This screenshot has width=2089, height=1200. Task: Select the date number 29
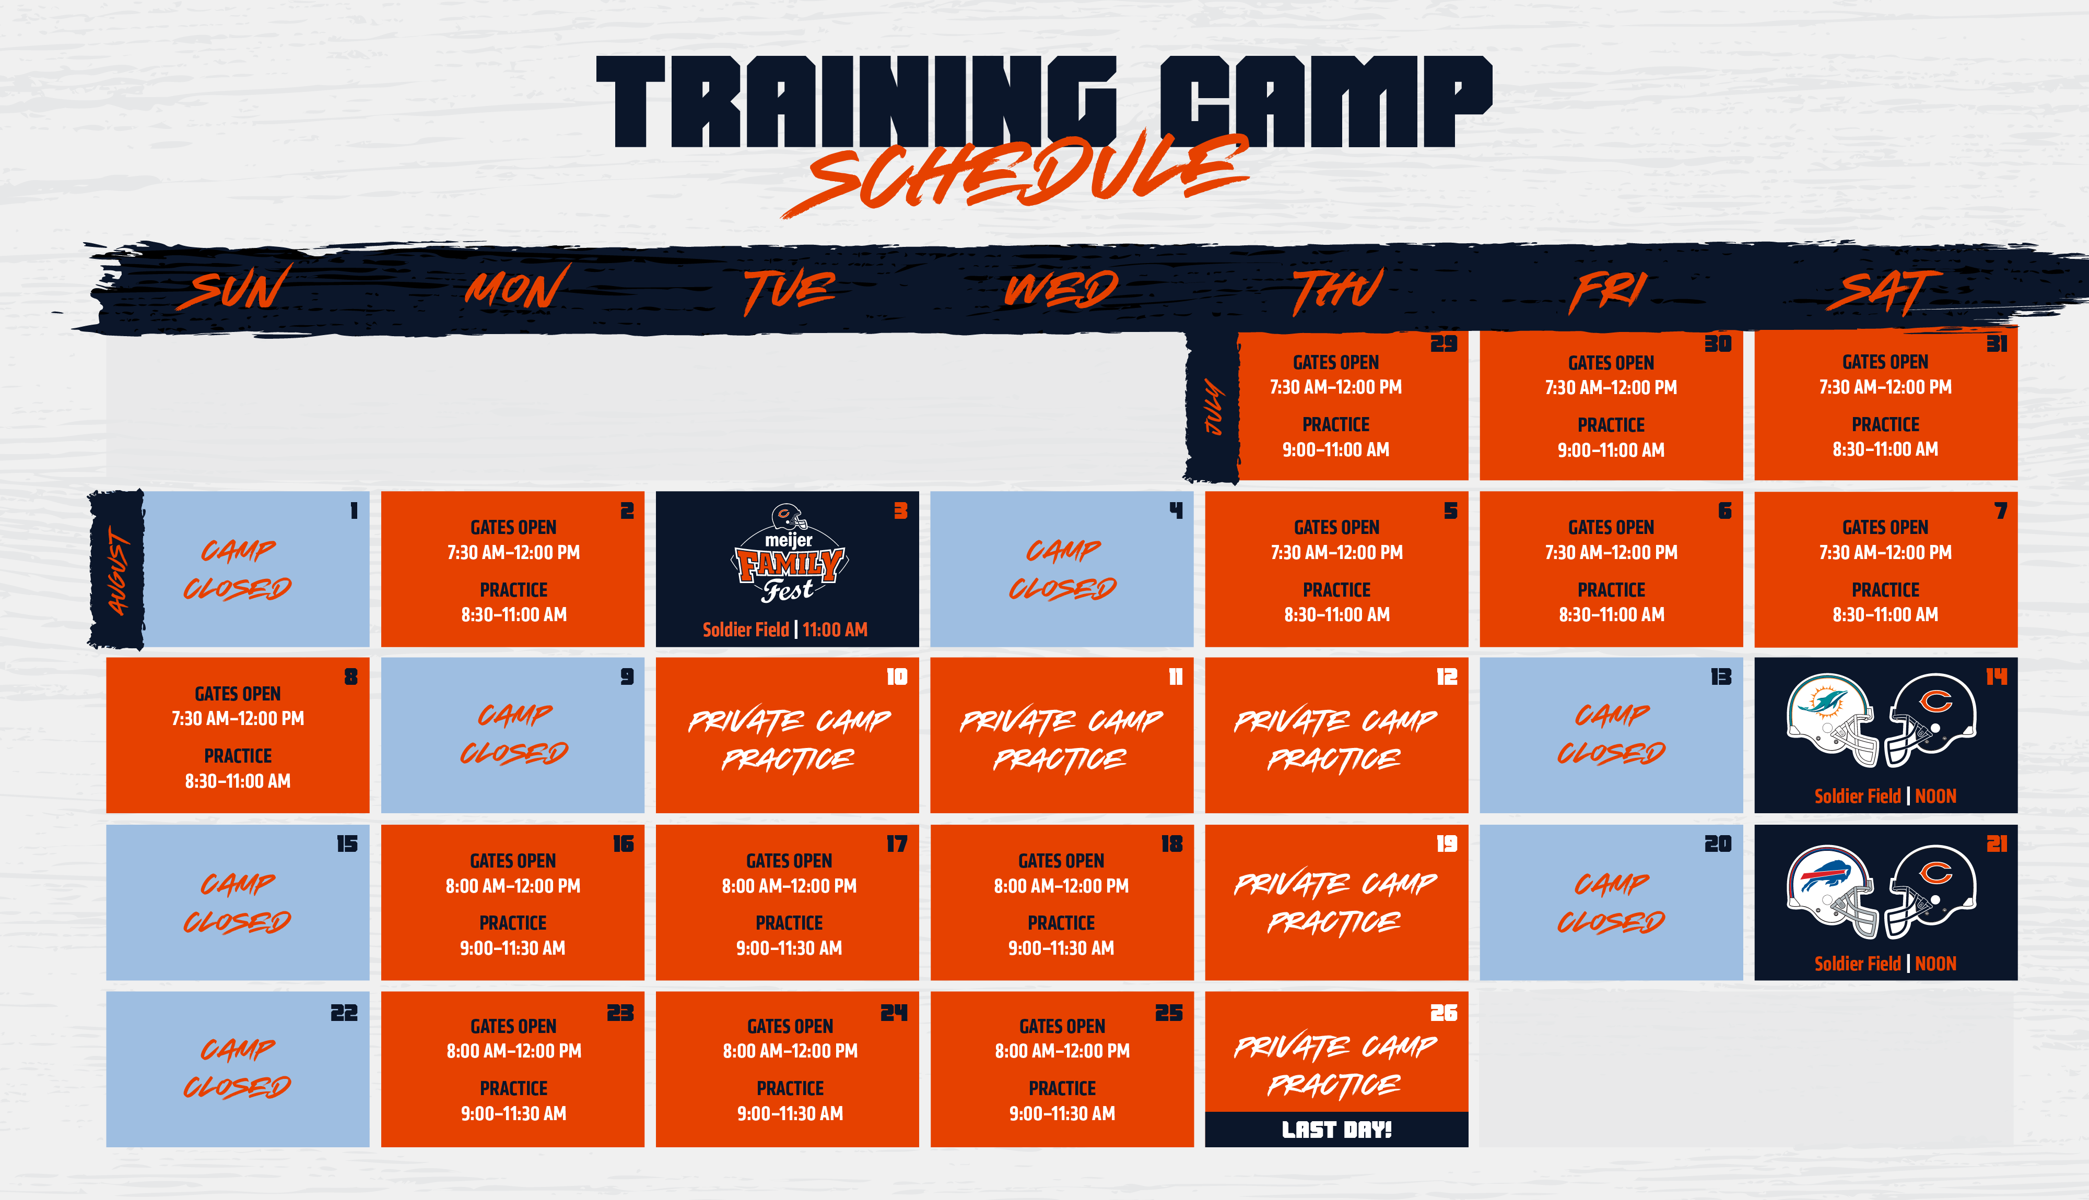(1443, 343)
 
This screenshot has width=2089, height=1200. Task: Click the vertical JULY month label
(1214, 406)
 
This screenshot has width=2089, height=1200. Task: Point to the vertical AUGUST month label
(119, 572)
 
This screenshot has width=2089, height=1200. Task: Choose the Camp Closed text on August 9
(513, 733)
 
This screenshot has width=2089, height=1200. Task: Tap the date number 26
(1443, 1013)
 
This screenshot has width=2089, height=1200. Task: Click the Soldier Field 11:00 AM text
(785, 629)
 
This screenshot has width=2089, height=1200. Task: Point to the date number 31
(1996, 343)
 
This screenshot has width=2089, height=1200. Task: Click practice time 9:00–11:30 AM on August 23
(513, 1113)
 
